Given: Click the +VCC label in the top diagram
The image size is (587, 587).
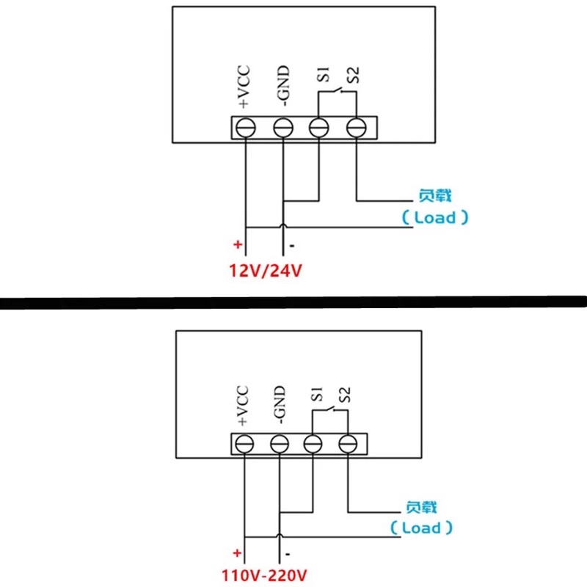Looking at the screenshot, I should pyautogui.click(x=244, y=88).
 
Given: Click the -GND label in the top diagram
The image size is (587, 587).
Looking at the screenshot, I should pyautogui.click(x=283, y=86).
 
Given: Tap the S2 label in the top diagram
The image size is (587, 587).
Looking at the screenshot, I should pyautogui.click(x=354, y=75).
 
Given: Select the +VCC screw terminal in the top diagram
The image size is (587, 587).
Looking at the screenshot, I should pyautogui.click(x=244, y=128).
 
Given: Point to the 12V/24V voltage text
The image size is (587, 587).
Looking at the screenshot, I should pyautogui.click(x=266, y=271).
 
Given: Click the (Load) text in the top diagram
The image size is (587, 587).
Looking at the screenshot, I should pyautogui.click(x=434, y=217).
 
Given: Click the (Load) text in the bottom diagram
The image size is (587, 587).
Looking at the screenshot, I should pyautogui.click(x=421, y=528).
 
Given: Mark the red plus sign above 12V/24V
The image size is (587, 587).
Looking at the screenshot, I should pyautogui.click(x=237, y=244).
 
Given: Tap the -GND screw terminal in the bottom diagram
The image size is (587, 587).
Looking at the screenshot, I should pyautogui.click(x=279, y=444).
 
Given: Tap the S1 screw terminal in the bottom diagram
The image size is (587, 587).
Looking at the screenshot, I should pyautogui.click(x=313, y=444).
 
